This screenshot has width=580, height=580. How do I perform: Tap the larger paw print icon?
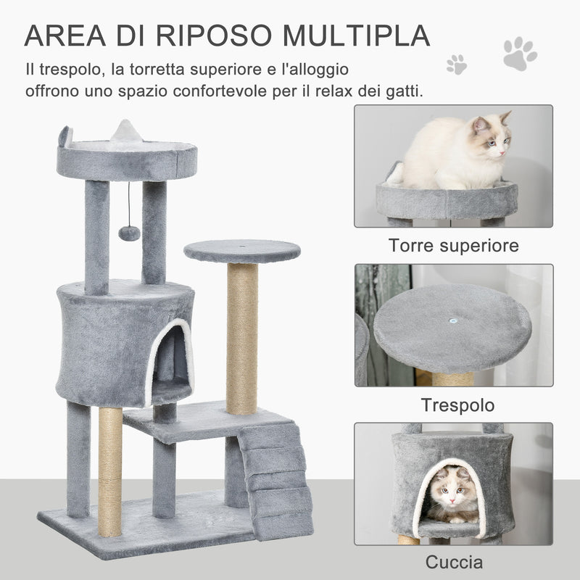coord(520,54)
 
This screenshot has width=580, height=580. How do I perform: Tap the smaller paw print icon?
coord(457,64)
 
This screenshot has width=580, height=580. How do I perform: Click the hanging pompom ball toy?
coord(129,232)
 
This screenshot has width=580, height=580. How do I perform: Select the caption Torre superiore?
coord(454,245)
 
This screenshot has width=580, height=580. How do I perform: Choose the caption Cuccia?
coord(454,562)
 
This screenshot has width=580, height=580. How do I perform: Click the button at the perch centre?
coord(452,318)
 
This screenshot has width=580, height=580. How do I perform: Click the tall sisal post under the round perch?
coord(241,337)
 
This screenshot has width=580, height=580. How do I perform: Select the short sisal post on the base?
coord(110,471)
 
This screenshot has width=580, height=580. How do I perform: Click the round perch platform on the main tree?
coord(241,251)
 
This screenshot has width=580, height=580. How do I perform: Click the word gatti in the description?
coord(402,92)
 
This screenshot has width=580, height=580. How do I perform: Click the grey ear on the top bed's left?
coord(65,136)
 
